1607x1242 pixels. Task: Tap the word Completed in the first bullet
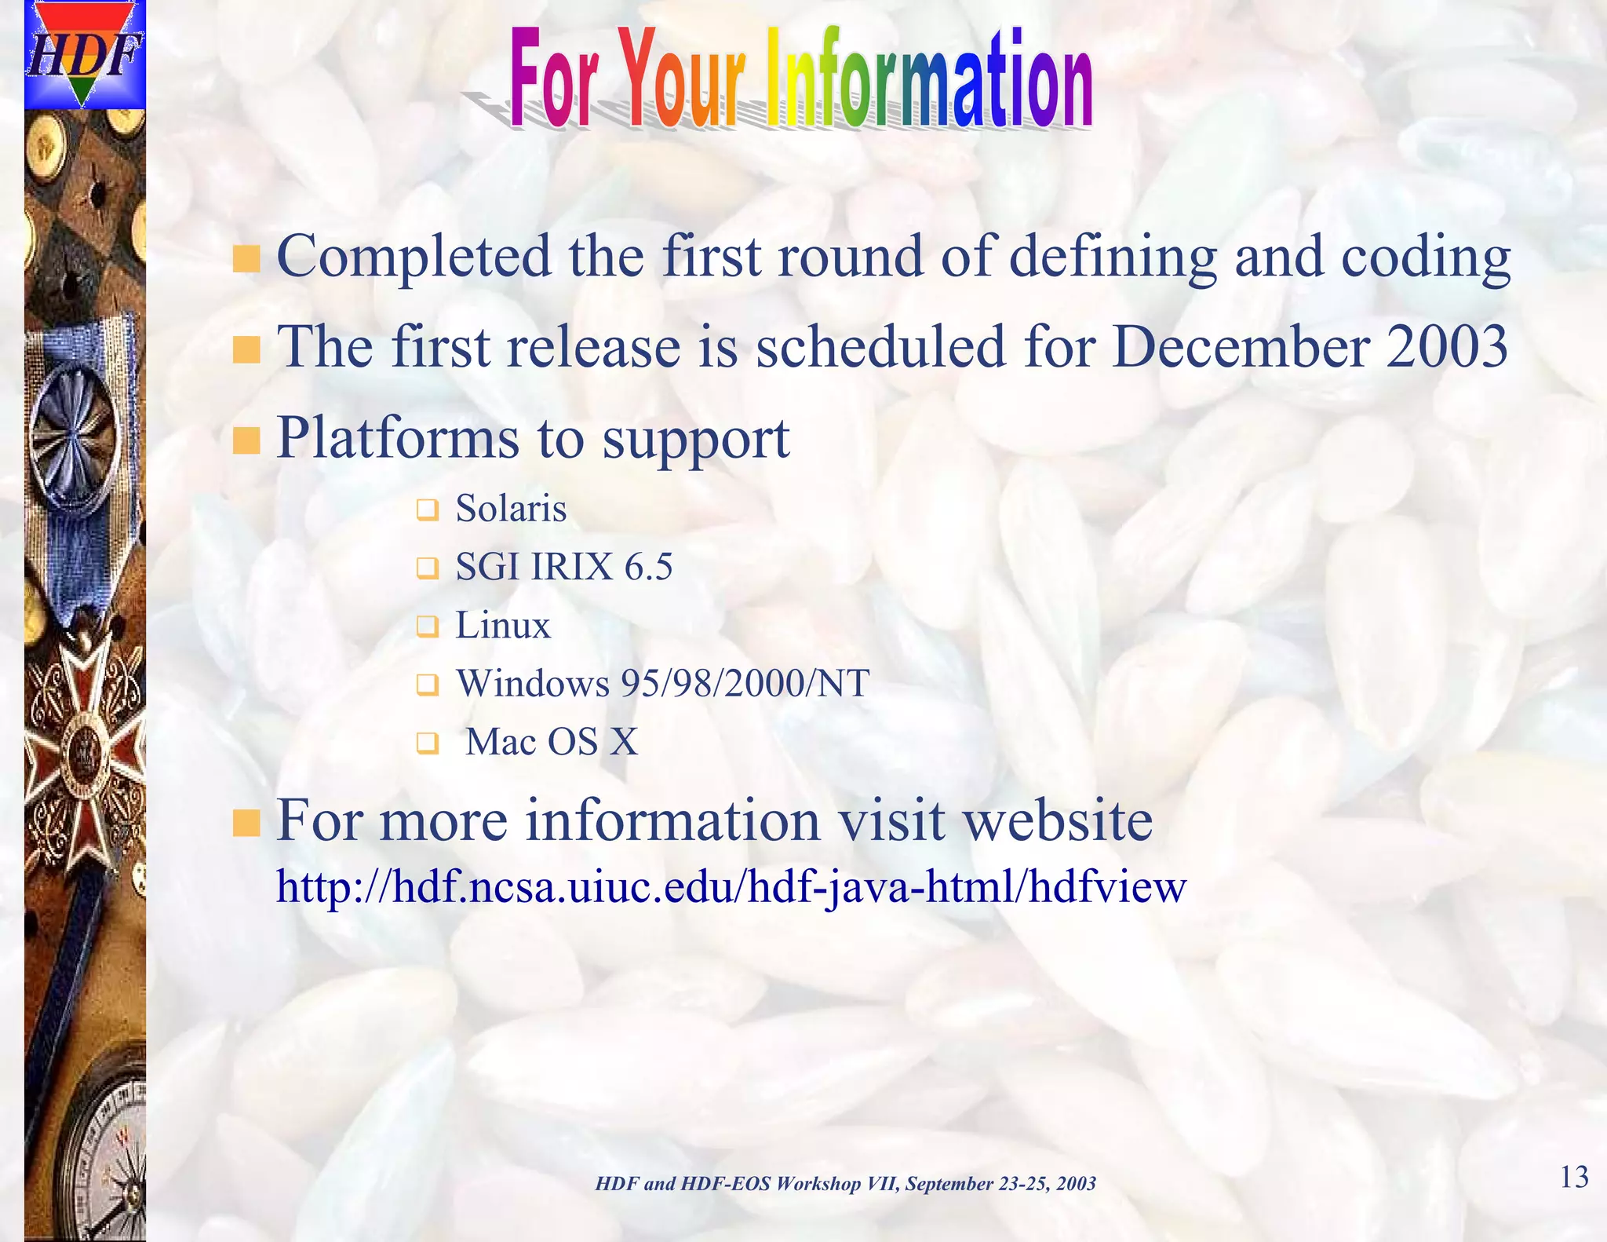click(414, 257)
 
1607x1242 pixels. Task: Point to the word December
click(1241, 346)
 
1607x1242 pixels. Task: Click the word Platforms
click(398, 437)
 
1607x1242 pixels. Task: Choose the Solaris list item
click(511, 508)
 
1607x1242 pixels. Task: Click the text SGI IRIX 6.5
click(563, 567)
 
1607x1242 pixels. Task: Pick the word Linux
click(503, 626)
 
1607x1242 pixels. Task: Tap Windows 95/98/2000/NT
click(663, 683)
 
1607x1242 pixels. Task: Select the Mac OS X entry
click(552, 742)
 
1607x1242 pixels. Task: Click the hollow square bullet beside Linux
click(426, 627)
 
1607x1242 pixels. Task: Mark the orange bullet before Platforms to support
click(246, 440)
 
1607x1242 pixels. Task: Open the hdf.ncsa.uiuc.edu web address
click(731, 888)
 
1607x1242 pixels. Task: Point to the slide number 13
click(1573, 1178)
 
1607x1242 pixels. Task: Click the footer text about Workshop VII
click(845, 1184)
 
